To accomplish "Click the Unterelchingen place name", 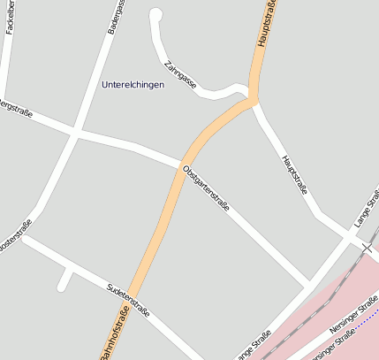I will tap(133, 85).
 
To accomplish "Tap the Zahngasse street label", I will tap(180, 77).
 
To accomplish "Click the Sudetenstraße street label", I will tap(128, 301).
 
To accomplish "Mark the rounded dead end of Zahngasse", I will tap(157, 14).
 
